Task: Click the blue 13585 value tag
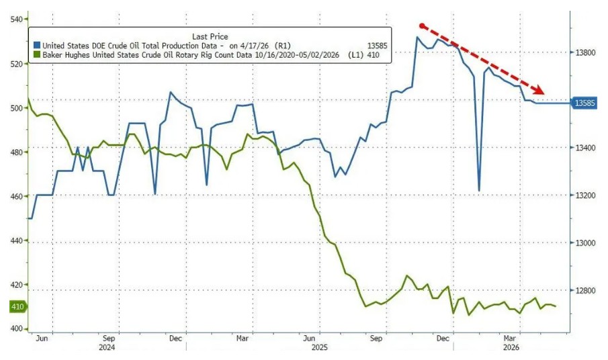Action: click(x=584, y=103)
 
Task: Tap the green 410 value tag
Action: click(x=18, y=307)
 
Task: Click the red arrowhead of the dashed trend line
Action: click(x=539, y=89)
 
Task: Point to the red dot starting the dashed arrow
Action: click(x=423, y=26)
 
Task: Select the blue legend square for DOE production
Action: click(x=37, y=46)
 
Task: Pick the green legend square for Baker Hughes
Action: click(x=37, y=55)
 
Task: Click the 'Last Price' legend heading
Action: click(x=210, y=36)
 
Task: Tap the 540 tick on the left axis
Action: click(x=17, y=19)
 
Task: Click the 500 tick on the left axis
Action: click(x=17, y=107)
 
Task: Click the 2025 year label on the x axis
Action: click(x=320, y=348)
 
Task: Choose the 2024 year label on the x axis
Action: click(x=107, y=348)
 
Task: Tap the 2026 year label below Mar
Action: click(x=511, y=348)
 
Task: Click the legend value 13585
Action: click(x=378, y=46)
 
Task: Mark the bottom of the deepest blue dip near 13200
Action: click(x=479, y=191)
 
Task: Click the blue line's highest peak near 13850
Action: click(x=417, y=37)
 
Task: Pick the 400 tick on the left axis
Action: click(x=17, y=329)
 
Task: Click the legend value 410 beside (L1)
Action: click(x=373, y=55)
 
